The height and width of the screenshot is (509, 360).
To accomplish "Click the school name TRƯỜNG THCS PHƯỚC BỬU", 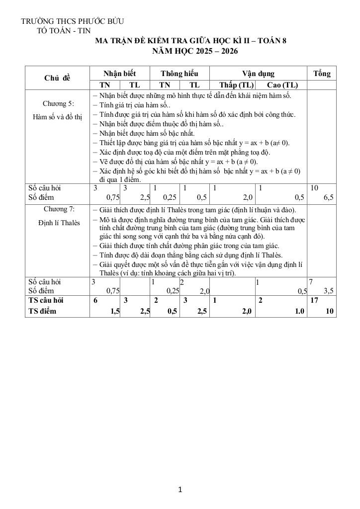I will coord(72,21).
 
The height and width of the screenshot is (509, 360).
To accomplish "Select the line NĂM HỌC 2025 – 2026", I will coord(195,51).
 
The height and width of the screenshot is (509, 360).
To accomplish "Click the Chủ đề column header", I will coord(57,78).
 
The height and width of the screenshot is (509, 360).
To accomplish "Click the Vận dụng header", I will coord(258,73).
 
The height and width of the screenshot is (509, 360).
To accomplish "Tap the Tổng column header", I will coord(322,73).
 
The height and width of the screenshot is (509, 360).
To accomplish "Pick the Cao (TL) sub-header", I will coord(282,85).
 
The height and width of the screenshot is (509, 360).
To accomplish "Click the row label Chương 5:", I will coord(58,103).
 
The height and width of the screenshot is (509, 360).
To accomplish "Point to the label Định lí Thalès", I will coord(59,223).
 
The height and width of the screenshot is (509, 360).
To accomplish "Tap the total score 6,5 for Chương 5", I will coord(328,197).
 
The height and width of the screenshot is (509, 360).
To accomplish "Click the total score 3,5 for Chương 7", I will coord(328,291).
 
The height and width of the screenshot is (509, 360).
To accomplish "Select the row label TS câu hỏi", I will coord(46,300).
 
